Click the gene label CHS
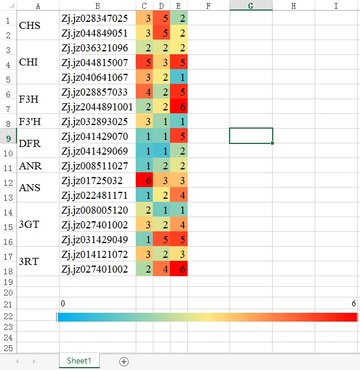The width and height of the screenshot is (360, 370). click(x=30, y=26)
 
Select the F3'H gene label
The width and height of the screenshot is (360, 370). click(x=30, y=122)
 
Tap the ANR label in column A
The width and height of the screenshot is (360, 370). click(x=30, y=166)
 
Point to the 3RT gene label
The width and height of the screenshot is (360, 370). click(x=28, y=261)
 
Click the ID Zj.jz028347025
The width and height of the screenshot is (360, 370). click(x=94, y=18)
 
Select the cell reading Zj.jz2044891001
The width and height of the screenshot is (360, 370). click(x=97, y=107)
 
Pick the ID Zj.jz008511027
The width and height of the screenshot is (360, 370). click(x=94, y=166)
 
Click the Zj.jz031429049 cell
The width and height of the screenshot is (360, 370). click(x=94, y=239)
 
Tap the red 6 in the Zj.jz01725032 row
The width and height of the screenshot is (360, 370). click(x=145, y=181)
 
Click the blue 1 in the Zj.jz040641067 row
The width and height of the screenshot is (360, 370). click(x=179, y=77)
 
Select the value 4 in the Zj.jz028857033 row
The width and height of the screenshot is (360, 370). click(x=145, y=92)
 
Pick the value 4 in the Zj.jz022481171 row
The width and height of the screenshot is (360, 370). click(x=179, y=195)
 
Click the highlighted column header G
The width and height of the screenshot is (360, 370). click(x=251, y=6)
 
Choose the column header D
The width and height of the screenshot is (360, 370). click(x=162, y=6)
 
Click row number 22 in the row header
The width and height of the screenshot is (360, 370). click(x=8, y=317)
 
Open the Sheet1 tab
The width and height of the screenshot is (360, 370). click(x=79, y=361)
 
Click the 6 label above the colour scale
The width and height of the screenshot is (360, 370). click(x=354, y=303)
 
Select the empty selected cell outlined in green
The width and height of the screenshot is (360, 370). click(x=251, y=136)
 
